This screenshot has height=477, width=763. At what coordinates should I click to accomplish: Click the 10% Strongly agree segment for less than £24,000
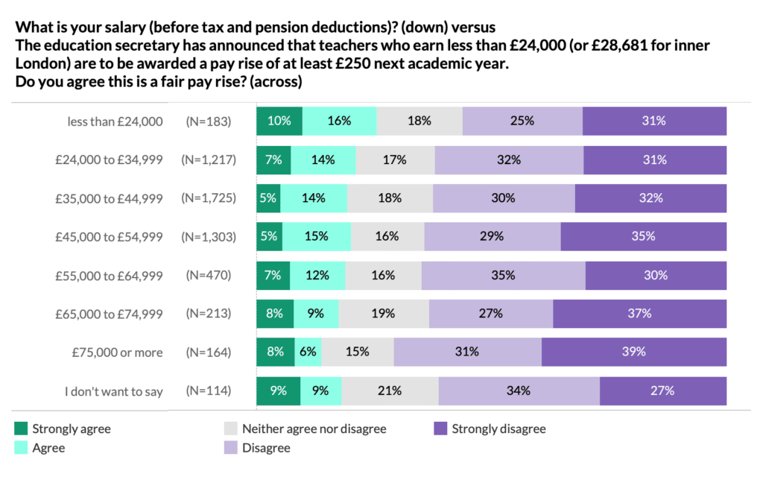(x=279, y=121)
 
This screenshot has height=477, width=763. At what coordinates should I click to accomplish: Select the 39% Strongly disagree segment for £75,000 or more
(x=634, y=352)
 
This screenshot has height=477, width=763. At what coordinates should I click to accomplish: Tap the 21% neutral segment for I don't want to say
(x=390, y=391)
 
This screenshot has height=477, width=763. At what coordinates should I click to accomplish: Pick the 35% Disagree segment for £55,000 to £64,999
(x=503, y=275)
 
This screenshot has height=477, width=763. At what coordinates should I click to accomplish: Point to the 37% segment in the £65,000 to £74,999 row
(x=639, y=313)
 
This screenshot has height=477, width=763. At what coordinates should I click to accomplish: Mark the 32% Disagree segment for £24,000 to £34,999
(x=509, y=159)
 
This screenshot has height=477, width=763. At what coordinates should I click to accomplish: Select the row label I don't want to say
(x=113, y=391)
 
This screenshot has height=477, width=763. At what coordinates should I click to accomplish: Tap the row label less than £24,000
(x=115, y=121)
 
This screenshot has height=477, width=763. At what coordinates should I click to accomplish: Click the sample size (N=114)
(x=209, y=391)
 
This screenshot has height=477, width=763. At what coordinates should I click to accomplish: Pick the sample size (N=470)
(x=209, y=275)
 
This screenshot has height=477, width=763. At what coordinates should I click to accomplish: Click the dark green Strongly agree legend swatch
(x=21, y=429)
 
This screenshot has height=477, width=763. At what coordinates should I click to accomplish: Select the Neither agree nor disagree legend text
(x=314, y=429)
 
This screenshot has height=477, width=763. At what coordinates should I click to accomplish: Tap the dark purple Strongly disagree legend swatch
(x=440, y=429)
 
